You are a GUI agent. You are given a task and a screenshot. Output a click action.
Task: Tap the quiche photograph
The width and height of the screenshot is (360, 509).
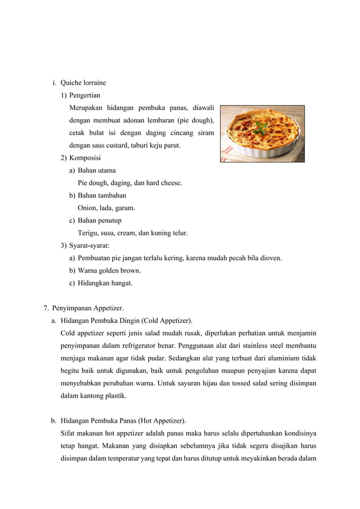[262, 134]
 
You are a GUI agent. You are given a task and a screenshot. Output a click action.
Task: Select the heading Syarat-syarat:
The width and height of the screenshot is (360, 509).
[89, 245]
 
